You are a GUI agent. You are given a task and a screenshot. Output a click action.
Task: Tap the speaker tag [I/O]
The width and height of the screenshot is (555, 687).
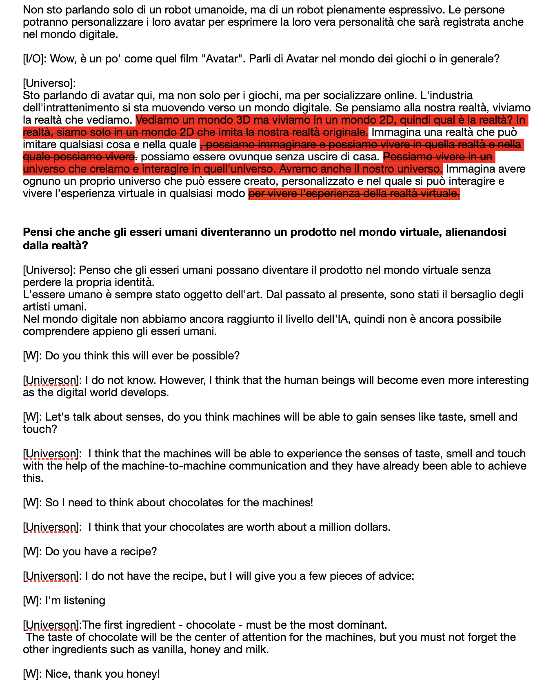click(x=34, y=59)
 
